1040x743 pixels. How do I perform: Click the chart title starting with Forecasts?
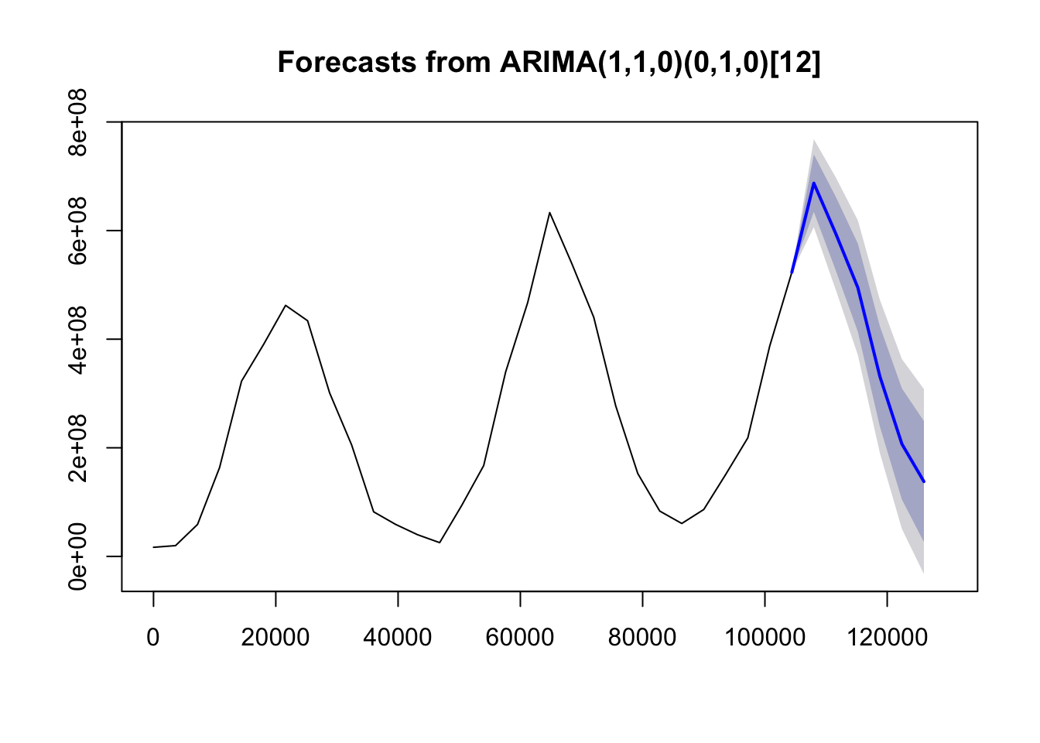[x=549, y=62]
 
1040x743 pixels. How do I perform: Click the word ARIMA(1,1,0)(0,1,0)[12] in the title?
[x=660, y=62]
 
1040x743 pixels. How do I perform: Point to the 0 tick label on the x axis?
[x=152, y=637]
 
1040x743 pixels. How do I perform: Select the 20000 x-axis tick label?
[x=275, y=637]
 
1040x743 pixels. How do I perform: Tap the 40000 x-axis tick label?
[x=398, y=637]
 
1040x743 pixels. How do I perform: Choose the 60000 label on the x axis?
[x=520, y=637]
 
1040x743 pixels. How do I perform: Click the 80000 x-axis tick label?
[x=642, y=637]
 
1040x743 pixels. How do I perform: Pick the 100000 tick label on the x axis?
[x=765, y=637]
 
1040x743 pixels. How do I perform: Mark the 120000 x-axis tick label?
[x=888, y=637]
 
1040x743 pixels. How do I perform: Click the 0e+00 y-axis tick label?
[x=77, y=556]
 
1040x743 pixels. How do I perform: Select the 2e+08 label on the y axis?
[x=77, y=447]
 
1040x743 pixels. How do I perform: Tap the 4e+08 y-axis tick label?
[x=77, y=339]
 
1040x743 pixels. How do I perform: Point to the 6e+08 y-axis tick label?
[x=77, y=231]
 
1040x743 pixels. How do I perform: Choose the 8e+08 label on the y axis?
[x=77, y=122]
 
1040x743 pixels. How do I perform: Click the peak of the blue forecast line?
[x=814, y=183]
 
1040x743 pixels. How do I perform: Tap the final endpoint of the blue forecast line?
[x=924, y=482]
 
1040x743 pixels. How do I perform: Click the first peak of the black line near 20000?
[x=286, y=306]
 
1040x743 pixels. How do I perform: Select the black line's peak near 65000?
[x=549, y=213]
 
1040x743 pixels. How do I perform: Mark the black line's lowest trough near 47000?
[x=440, y=543]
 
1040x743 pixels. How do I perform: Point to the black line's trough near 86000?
[x=682, y=523]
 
